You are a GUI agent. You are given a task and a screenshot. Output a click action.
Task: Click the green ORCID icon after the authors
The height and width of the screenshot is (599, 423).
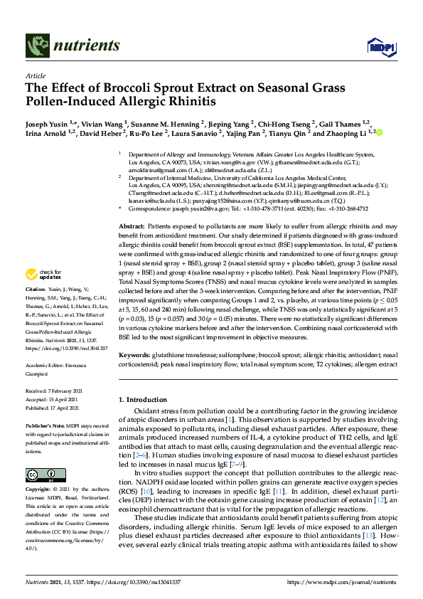(380, 133)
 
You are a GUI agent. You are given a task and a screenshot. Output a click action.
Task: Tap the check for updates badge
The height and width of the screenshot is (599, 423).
(43, 275)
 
